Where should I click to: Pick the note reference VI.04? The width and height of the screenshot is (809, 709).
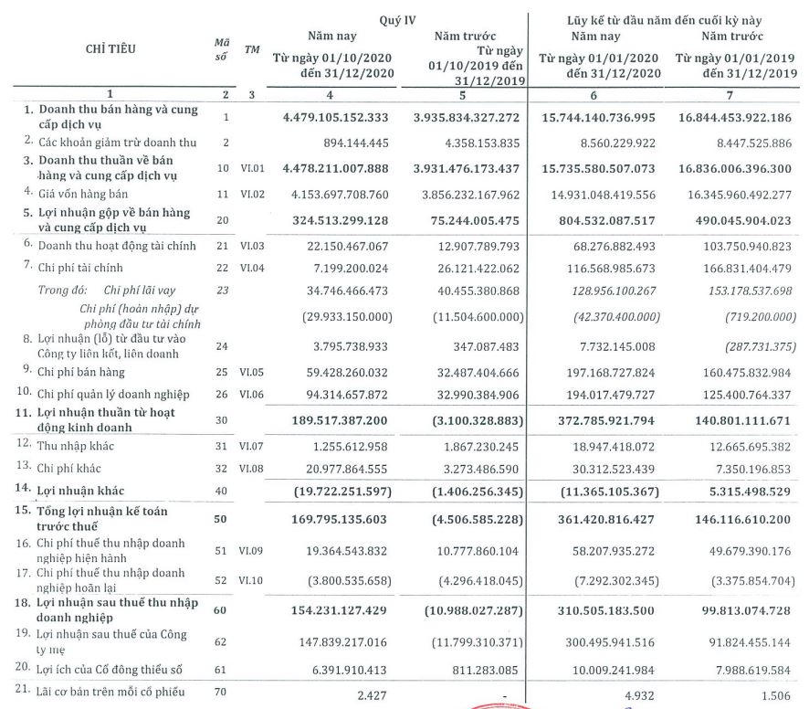point(251,268)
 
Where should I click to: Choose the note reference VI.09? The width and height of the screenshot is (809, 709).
point(251,550)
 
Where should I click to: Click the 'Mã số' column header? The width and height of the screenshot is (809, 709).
point(220,49)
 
